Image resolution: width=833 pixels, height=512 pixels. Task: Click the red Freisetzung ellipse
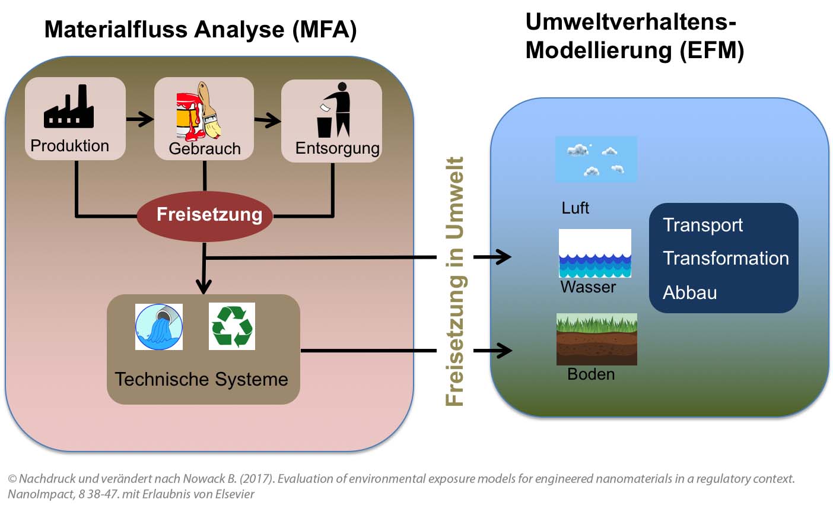click(205, 215)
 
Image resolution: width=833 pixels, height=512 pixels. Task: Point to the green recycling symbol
click(232, 326)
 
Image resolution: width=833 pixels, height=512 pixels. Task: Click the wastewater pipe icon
click(158, 326)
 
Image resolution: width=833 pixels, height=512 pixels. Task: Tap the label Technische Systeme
click(201, 379)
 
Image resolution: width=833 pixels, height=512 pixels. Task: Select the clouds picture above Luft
click(596, 159)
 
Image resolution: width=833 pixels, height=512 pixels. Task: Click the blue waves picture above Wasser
click(594, 253)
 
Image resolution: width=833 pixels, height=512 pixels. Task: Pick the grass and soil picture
click(596, 339)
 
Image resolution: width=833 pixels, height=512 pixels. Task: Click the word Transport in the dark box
click(702, 225)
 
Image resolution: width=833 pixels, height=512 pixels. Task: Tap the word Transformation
click(725, 259)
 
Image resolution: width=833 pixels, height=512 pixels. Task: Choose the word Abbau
click(689, 292)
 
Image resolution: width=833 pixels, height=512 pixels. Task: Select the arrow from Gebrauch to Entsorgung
click(267, 120)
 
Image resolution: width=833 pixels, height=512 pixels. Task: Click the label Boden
click(591, 374)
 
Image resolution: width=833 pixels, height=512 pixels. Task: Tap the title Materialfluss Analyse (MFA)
click(201, 29)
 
